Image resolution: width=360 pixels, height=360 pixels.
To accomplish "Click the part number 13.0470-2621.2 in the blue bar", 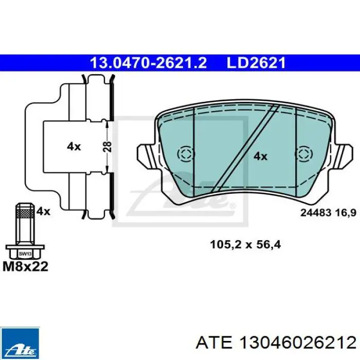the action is point(148,63).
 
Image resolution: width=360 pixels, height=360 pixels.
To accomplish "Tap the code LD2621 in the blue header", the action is point(256,63).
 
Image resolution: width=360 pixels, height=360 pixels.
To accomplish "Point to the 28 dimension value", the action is point(107,147).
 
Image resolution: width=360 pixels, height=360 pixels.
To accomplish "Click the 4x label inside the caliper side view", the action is point(74,146).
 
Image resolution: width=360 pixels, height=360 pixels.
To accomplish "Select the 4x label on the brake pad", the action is point(260,156).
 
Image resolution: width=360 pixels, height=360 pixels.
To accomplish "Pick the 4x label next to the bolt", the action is point(43,211).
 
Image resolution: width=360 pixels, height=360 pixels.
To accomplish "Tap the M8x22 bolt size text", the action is point(26,266).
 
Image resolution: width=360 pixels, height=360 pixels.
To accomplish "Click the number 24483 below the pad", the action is point(316,213).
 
